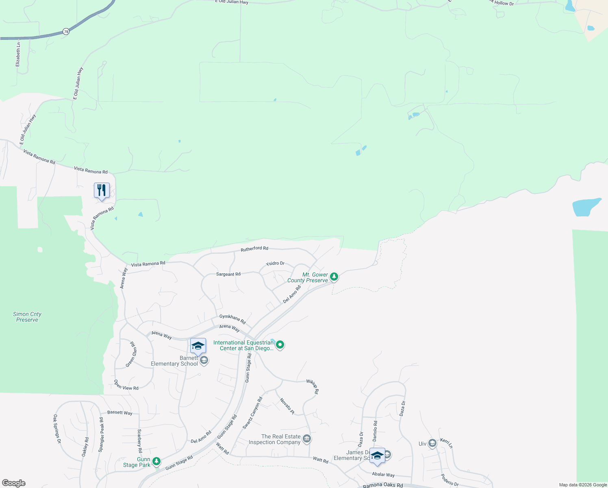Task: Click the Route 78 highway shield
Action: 66,31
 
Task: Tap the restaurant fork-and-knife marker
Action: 102,190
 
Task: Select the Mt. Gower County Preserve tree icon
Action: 334,277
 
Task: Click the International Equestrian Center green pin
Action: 280,345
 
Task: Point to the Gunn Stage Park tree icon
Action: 156,462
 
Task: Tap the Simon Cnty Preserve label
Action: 27,317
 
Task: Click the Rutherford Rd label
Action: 254,248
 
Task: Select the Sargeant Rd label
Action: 228,274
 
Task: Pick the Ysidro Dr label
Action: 275,264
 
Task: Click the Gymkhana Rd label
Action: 232,319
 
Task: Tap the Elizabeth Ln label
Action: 18,54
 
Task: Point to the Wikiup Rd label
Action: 313,387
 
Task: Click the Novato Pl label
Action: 287,406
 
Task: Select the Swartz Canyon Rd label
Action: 252,413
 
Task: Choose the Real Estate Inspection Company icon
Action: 307,438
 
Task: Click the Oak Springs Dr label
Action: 57,429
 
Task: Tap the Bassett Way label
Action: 120,412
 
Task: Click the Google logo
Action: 14,483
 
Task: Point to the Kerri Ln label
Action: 446,443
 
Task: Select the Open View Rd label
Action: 126,385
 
